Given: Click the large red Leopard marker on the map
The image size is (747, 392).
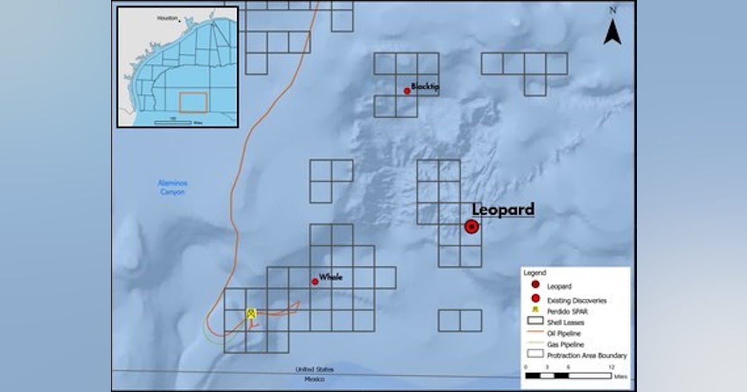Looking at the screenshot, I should coord(472,227).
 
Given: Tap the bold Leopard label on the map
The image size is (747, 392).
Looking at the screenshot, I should coord(503,210).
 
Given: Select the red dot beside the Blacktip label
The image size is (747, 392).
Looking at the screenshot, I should coord(407,91).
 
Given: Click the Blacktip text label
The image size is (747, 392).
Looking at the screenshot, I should coord(425,86).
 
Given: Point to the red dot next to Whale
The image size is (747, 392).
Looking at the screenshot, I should coord(315,282).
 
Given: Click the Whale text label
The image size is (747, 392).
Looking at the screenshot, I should coord(331,277).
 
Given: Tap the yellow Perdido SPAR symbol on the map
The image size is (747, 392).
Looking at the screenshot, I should coord(251,313).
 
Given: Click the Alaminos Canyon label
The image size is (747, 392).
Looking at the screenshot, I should coord(172,188).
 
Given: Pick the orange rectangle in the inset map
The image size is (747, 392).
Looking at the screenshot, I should coord(193,103).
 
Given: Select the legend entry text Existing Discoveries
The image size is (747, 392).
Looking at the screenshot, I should coord(576,301).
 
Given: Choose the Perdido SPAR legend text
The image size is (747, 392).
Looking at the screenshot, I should coord(567,311).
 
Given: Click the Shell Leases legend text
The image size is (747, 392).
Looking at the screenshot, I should coord(565,322).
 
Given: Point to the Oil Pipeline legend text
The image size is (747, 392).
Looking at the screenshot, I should coord(563,334).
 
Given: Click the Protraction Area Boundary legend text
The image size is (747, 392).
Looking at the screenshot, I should coord(586,355).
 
